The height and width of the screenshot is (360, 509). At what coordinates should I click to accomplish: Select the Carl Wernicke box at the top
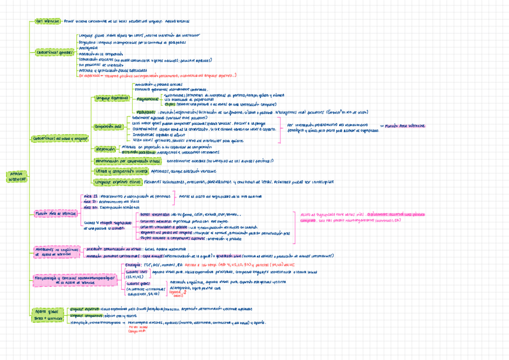pos(47,20)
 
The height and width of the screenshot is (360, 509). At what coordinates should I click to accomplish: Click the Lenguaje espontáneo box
pos(111,97)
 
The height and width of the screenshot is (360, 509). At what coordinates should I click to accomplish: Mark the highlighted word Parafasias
pos(145,112)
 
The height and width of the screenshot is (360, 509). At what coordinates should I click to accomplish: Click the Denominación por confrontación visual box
pos(127,161)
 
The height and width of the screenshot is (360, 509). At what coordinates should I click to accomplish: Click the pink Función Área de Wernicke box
pos(55,213)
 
